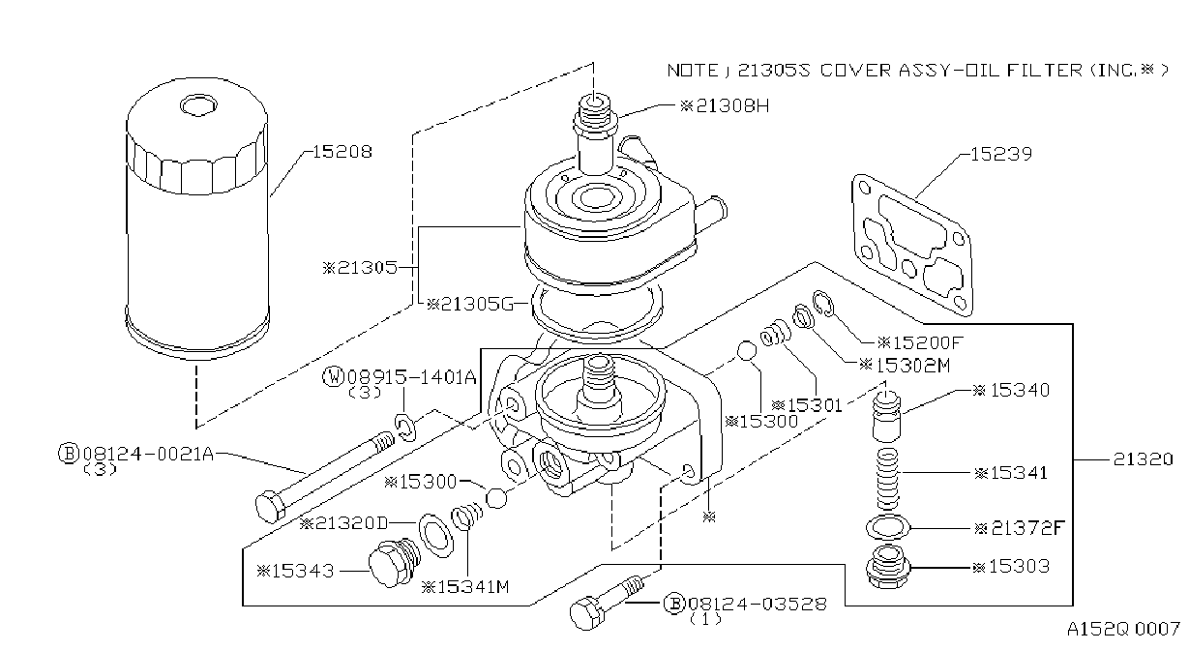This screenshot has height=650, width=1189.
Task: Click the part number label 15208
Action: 342,152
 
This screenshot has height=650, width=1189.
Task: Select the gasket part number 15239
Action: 1001,155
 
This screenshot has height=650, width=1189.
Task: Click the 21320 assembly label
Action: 1143,459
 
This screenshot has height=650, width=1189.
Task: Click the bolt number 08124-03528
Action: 758,604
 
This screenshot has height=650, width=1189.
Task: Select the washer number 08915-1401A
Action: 412,377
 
